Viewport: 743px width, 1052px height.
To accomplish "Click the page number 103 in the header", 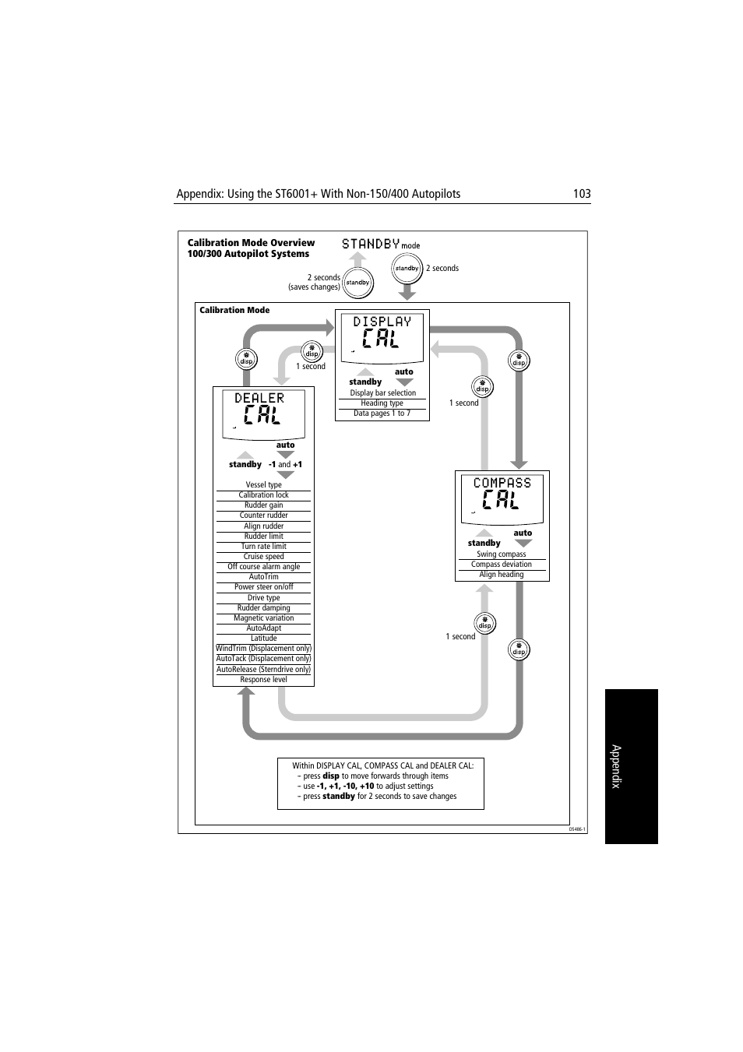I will click(581, 194).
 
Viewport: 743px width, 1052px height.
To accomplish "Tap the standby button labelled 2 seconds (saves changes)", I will click(357, 283).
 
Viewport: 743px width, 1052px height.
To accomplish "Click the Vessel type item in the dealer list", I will click(263, 484).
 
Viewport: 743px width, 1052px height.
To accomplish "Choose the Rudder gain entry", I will click(263, 505).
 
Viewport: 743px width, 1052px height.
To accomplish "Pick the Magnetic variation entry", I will click(263, 618).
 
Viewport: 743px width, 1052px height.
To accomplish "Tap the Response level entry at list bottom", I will click(263, 680).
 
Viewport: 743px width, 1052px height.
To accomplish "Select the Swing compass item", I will click(502, 554).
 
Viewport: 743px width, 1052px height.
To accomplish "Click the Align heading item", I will click(502, 575).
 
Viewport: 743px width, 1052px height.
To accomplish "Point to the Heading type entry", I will click(382, 403).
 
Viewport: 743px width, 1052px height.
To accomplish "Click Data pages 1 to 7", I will click(382, 413).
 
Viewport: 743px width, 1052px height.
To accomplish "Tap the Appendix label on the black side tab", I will click(616, 766).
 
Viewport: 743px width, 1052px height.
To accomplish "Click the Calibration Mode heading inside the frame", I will click(234, 310).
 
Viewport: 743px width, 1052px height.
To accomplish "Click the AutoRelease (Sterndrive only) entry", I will click(263, 670).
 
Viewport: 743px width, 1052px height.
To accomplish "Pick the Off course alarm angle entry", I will click(263, 567).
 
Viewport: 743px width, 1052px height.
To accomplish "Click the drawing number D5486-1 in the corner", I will click(576, 829).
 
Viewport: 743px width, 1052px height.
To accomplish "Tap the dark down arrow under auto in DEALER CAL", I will click(286, 455).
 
